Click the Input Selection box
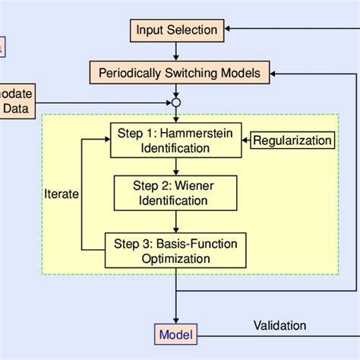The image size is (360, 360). pos(176,30)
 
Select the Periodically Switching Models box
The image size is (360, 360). pos(176,74)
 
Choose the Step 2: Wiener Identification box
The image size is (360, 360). pos(175,193)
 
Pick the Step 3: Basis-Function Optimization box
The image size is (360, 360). pos(175,251)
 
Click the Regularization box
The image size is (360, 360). pos(292,141)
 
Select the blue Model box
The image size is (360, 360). pos(175,334)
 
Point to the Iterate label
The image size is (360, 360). pos(62,194)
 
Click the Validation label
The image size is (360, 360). pos(279,326)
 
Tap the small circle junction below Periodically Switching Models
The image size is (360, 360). pos(176,103)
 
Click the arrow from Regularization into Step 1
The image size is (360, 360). pos(245,141)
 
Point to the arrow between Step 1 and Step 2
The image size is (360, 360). pos(176,166)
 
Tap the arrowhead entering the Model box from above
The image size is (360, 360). pos(176,321)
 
